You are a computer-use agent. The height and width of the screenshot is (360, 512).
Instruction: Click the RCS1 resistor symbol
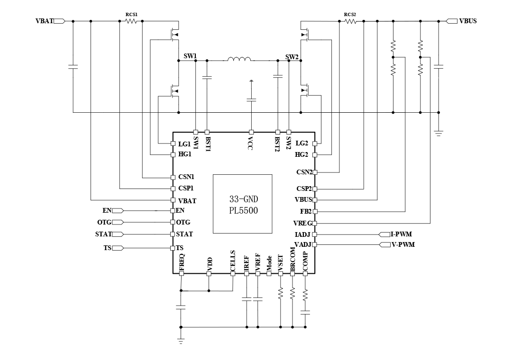click(131, 21)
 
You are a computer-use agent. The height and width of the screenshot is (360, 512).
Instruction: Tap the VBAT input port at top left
click(59, 21)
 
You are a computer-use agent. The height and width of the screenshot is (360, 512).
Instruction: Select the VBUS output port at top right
click(452, 21)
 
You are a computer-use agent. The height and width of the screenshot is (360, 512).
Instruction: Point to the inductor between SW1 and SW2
click(239, 60)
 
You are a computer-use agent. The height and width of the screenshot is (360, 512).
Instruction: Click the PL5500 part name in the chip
click(243, 211)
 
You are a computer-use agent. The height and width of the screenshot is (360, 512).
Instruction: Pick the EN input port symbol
click(118, 210)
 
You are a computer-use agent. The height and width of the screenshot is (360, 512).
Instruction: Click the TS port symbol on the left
click(118, 248)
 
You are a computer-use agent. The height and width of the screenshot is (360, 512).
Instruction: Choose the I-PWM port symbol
click(384, 234)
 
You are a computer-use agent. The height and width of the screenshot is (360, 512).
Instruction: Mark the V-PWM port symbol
click(384, 244)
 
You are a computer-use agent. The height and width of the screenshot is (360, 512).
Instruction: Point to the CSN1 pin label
click(186, 177)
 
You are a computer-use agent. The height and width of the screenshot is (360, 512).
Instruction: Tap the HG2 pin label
click(302, 154)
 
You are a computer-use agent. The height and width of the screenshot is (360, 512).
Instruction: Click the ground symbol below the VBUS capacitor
click(439, 134)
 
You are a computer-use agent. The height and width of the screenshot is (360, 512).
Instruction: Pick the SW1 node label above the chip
click(190, 56)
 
